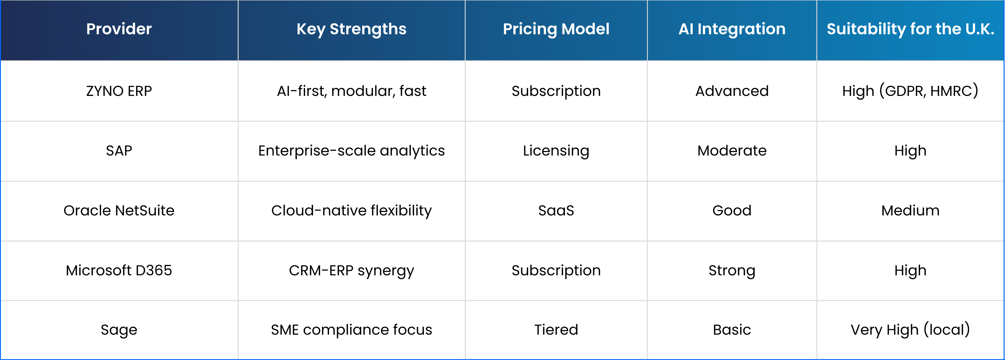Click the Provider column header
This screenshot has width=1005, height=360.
click(x=119, y=29)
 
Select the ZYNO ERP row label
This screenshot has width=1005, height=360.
click(x=119, y=91)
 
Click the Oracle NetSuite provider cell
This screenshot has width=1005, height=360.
click(x=119, y=211)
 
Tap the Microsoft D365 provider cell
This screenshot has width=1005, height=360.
click(x=119, y=270)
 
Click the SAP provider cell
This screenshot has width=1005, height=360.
click(x=119, y=151)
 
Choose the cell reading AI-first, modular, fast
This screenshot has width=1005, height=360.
click(x=352, y=91)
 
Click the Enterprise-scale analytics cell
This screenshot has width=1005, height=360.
click(x=352, y=151)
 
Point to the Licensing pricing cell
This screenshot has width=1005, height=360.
click(x=556, y=151)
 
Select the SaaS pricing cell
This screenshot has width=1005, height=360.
click(x=556, y=211)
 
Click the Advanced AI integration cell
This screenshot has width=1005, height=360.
click(x=732, y=91)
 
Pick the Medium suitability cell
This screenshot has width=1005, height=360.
click(x=910, y=211)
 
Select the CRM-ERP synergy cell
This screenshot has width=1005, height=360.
click(x=352, y=271)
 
